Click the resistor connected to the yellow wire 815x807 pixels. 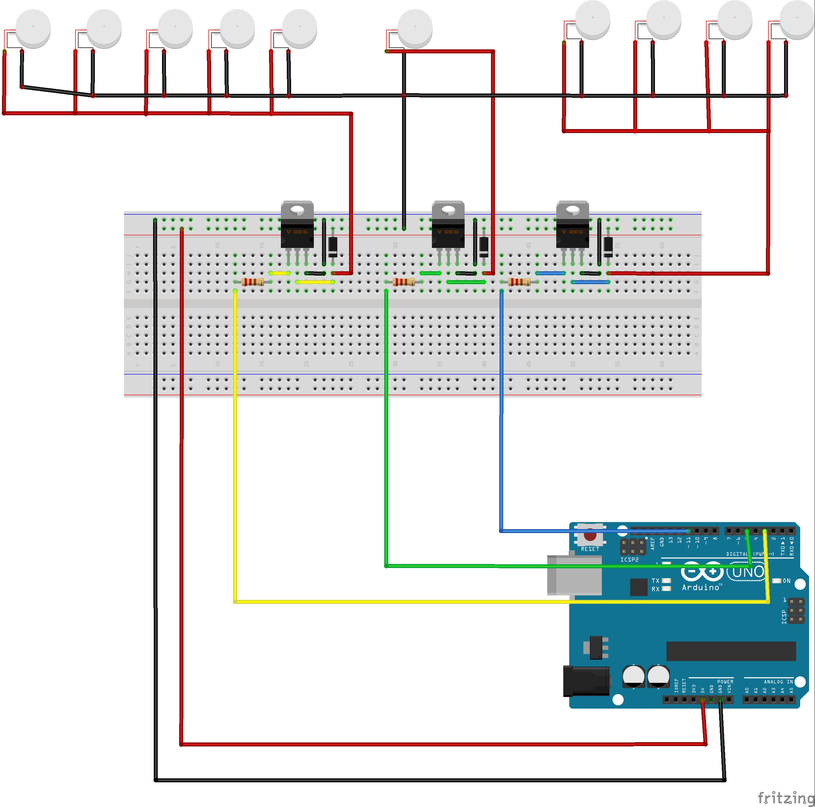[253, 282]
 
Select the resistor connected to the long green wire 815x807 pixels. [403, 282]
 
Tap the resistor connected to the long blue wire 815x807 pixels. [519, 282]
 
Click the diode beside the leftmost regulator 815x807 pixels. [333, 247]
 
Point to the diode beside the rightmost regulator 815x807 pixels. [608, 247]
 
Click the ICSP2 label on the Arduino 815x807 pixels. [629, 560]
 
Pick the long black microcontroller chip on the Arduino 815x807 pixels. [731, 651]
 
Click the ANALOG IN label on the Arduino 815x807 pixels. [778, 682]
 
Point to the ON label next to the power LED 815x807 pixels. [786, 581]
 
